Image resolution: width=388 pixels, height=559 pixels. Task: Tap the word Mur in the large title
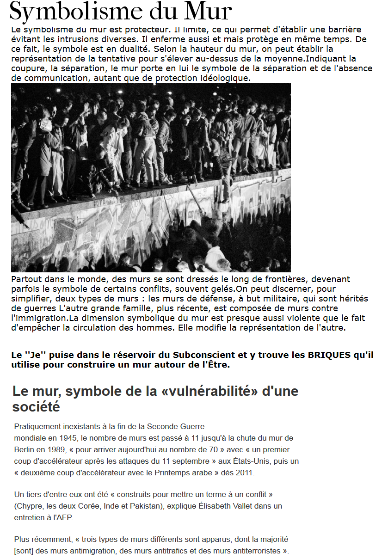point(207,11)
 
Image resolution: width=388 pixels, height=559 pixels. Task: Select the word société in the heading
point(36,407)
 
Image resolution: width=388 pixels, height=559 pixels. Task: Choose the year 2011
point(245,473)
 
